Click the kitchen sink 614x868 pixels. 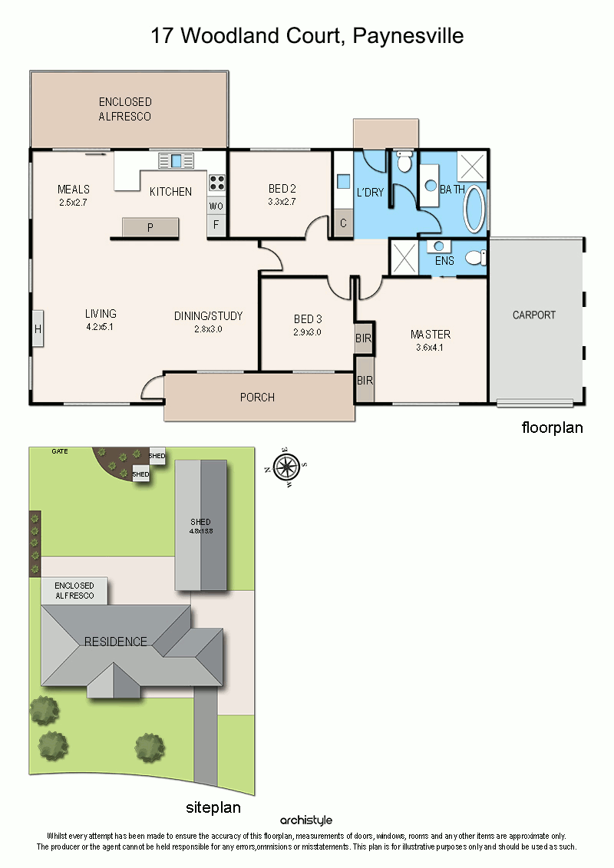(176, 160)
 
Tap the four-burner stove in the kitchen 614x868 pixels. (217, 183)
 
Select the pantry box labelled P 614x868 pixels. (150, 227)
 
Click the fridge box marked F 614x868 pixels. (216, 225)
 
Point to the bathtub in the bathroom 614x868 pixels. (474, 209)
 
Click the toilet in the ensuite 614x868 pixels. (476, 257)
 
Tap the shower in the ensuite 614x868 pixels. (404, 257)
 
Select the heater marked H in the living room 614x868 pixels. (38, 328)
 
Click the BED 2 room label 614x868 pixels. (282, 189)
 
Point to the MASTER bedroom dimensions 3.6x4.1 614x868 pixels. (430, 348)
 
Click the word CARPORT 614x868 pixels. (533, 315)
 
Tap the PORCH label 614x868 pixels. (257, 398)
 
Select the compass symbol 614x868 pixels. (286, 467)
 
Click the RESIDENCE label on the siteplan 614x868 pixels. (116, 642)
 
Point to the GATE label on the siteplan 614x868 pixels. (60, 451)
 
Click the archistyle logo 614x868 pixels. (306, 820)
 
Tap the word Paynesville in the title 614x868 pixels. (408, 35)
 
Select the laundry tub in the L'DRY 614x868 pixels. (343, 182)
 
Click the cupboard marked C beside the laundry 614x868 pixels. (343, 223)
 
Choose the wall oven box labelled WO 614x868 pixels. (216, 206)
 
